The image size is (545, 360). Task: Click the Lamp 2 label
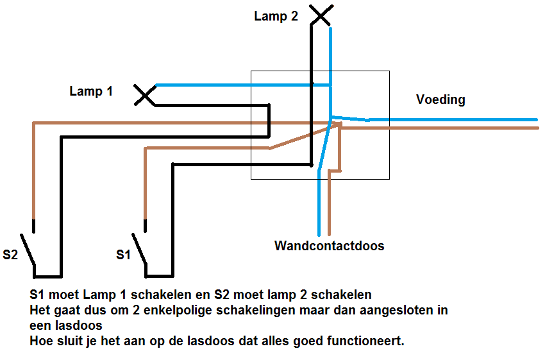(276, 17)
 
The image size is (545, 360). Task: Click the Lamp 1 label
(91, 91)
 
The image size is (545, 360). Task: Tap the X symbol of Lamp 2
(321, 15)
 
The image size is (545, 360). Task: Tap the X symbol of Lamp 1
(146, 96)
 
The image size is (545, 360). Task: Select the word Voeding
(440, 99)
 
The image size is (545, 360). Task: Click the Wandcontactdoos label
(329, 246)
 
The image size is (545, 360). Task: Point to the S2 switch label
(11, 255)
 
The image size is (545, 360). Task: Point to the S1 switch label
(124, 255)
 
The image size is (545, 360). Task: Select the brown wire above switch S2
(33, 173)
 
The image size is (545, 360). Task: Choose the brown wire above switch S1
(146, 186)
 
